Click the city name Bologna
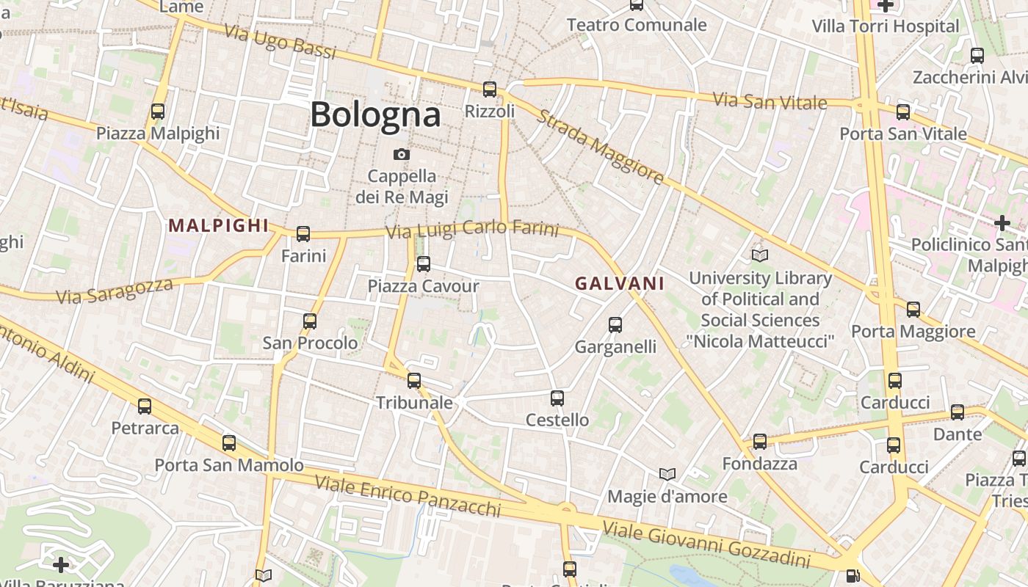[375, 114]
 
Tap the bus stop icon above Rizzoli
[490, 90]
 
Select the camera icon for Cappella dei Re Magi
[401, 154]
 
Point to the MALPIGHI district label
[219, 225]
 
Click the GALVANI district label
[620, 283]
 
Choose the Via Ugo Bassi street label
[280, 42]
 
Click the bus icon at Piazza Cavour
[424, 264]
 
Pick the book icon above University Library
[760, 255]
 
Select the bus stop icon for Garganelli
[615, 324]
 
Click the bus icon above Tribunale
[414, 381]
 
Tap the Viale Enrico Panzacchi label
[408, 496]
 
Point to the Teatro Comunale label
[637, 25]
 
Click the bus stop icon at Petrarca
[145, 406]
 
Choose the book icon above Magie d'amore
[667, 474]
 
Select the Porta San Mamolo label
[228, 465]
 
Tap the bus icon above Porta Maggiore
[913, 310]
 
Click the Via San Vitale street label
[770, 101]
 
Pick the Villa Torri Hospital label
[886, 26]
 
